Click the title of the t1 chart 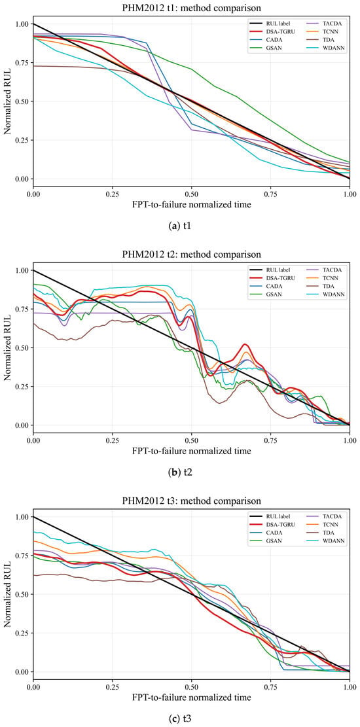192,7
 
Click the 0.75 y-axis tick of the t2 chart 22,310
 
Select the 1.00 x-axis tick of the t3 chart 350,685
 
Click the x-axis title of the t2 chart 191,451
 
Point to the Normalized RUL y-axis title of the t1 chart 7,101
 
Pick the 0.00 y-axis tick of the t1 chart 22,179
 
